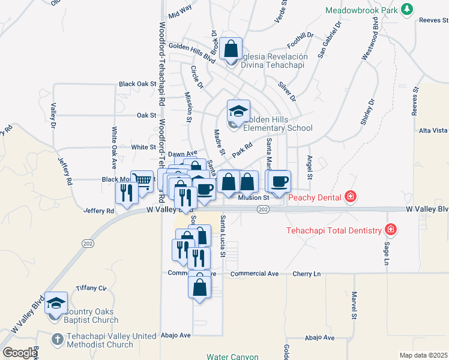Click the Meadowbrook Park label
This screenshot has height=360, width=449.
click(x=362, y=10)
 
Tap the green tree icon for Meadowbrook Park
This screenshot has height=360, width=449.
click(x=408, y=10)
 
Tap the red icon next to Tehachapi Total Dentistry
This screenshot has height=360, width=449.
click(x=391, y=230)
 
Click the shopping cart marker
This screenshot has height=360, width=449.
click(x=142, y=181)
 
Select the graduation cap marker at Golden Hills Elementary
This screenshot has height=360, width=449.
click(x=238, y=111)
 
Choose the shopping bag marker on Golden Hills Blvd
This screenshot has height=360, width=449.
click(x=231, y=49)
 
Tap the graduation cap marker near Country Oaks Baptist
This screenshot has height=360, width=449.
click(x=56, y=303)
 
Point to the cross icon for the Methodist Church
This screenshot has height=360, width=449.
click(x=57, y=340)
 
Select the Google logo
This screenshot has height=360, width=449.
click(x=19, y=353)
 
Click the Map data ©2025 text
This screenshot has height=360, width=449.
click(x=423, y=355)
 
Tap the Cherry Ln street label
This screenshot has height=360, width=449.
click(x=307, y=274)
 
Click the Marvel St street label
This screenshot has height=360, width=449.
click(x=354, y=305)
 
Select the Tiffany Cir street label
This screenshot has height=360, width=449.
click(x=91, y=289)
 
